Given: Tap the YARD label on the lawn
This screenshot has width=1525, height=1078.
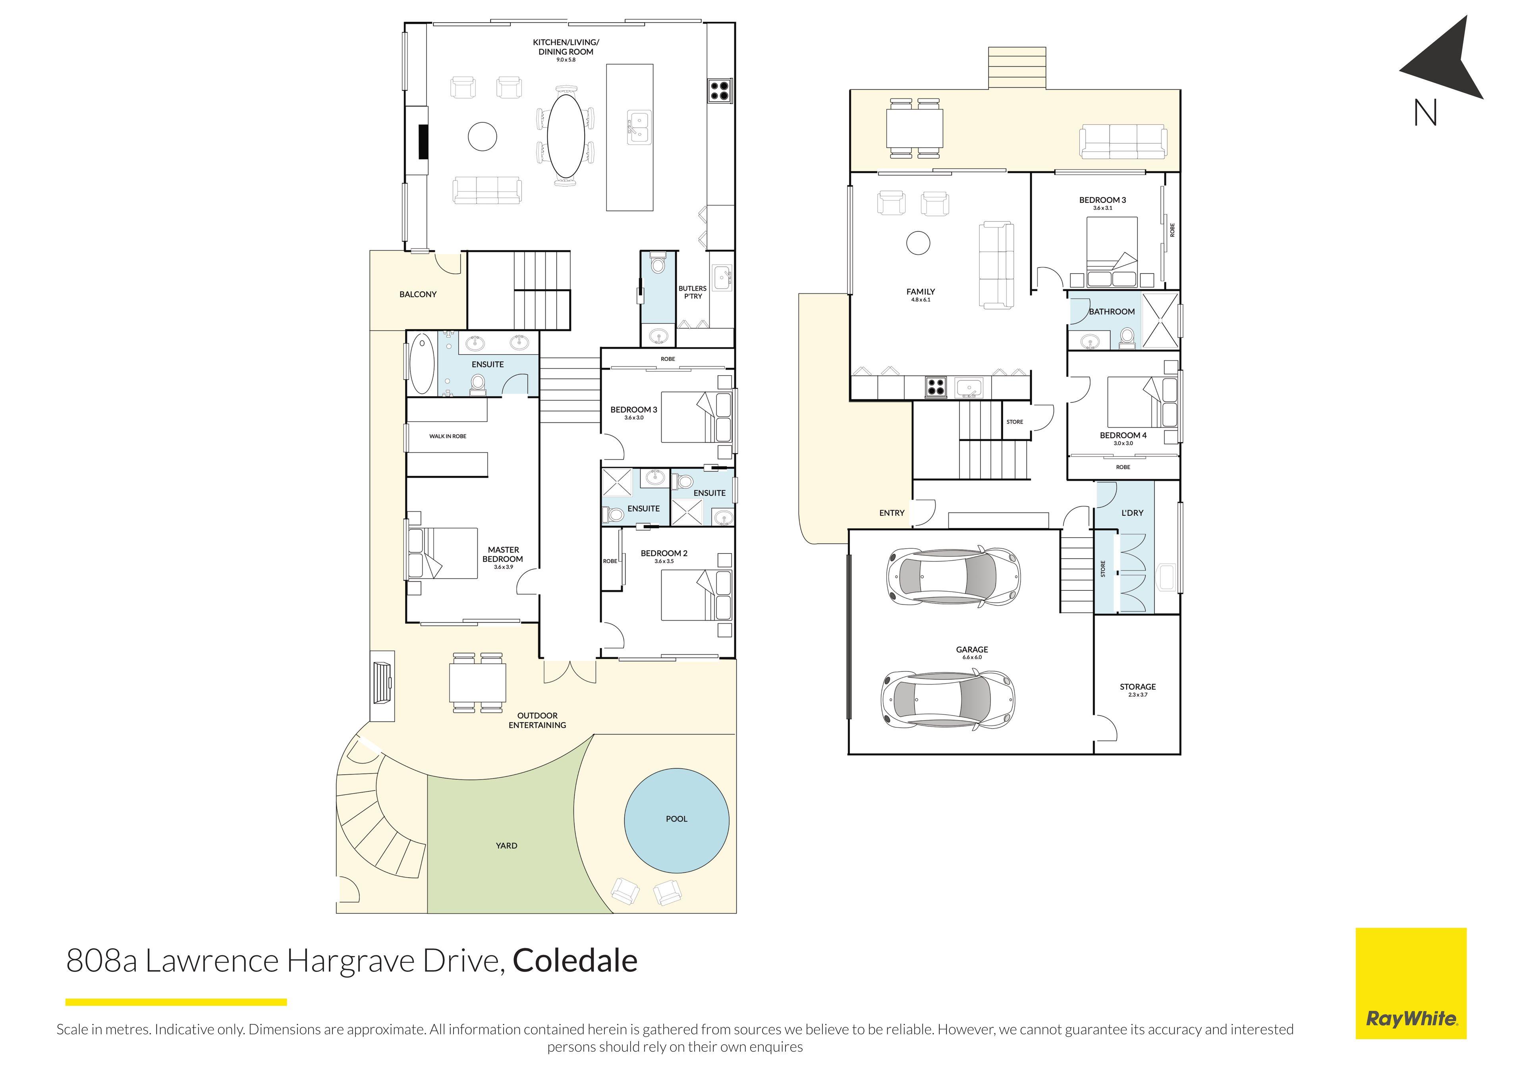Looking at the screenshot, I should [506, 846].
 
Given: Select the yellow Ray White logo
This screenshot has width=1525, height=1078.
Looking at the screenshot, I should [1410, 983].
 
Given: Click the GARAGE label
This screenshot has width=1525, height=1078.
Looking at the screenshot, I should [972, 650].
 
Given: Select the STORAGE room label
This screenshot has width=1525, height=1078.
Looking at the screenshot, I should [1137, 687].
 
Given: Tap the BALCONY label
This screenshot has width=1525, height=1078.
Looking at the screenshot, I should [418, 294].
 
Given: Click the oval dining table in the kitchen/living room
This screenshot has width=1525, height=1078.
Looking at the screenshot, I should [566, 136].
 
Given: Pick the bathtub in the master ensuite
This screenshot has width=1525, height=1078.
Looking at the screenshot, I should [421, 364].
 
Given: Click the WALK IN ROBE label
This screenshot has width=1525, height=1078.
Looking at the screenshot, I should [448, 436].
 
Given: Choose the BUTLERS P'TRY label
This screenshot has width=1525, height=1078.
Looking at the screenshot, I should [692, 292].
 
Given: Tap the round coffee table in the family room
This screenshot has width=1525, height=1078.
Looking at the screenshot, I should [918, 243].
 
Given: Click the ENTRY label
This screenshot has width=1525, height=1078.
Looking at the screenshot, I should [891, 513].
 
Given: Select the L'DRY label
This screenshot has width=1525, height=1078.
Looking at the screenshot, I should [1132, 513].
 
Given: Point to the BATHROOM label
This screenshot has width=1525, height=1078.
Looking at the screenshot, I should [1111, 312].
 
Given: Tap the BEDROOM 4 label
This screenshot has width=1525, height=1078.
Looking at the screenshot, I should [1122, 436].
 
